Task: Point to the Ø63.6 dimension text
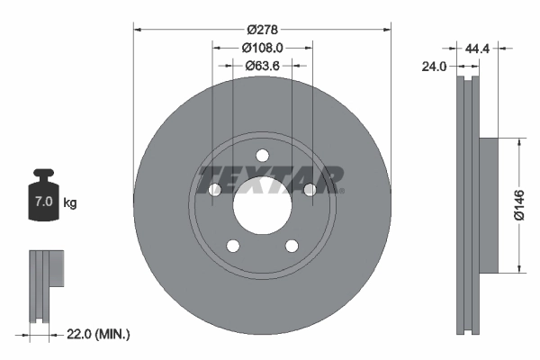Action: [262, 65]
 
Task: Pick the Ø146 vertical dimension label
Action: [518, 204]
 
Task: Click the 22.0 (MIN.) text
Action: [100, 334]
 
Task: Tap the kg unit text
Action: [70, 203]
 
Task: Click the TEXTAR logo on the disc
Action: [269, 179]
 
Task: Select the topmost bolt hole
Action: [262, 155]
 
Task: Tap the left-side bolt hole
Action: [215, 190]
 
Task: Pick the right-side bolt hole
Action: [310, 189]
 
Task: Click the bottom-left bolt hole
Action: [232, 246]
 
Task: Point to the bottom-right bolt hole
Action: [292, 246]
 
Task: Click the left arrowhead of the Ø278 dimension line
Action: [138, 28]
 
